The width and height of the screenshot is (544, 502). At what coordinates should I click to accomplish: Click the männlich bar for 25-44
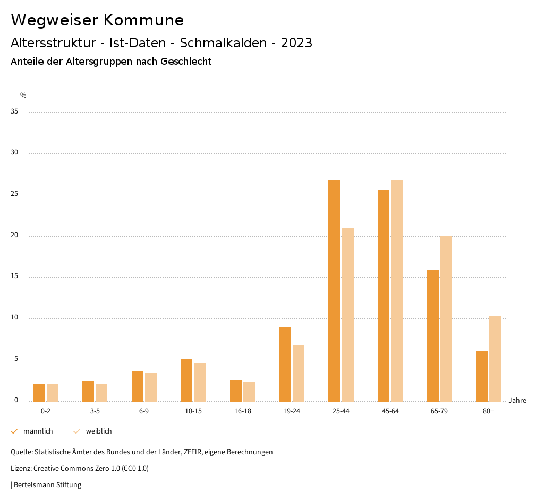pyautogui.click(x=334, y=290)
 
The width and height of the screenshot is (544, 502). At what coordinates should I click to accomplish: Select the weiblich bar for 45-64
pyautogui.click(x=397, y=291)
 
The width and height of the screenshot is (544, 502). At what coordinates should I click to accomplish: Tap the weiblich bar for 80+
pyautogui.click(x=495, y=358)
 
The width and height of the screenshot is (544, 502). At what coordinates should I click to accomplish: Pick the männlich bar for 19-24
pyautogui.click(x=285, y=364)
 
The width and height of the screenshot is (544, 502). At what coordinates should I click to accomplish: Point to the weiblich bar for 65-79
pyautogui.click(x=446, y=318)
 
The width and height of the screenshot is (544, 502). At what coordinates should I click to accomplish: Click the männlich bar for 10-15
pyautogui.click(x=186, y=380)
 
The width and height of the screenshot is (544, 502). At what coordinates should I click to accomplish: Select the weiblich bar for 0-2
pyautogui.click(x=53, y=393)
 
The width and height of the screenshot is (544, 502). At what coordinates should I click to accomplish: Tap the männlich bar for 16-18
pyautogui.click(x=236, y=391)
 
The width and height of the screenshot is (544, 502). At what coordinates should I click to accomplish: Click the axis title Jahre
pyautogui.click(x=517, y=401)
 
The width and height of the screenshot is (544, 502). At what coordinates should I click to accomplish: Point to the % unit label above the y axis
pyautogui.click(x=23, y=96)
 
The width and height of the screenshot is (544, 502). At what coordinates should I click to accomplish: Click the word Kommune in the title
pyautogui.click(x=143, y=20)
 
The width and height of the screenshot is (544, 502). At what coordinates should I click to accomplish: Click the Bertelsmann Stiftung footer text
pyautogui.click(x=47, y=485)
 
